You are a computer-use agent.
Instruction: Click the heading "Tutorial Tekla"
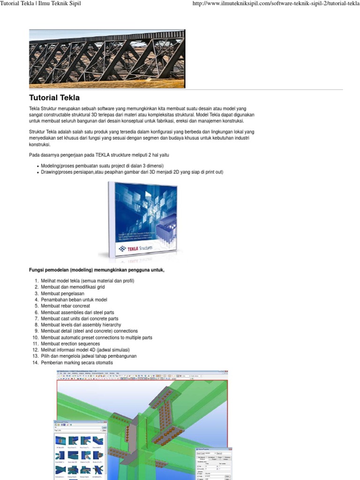(54, 97)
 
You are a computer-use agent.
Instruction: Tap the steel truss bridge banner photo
(107, 59)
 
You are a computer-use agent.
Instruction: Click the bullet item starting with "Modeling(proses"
(102, 166)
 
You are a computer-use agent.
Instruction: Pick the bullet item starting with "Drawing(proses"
(132, 172)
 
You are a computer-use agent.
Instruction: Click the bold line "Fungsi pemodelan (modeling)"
(97, 270)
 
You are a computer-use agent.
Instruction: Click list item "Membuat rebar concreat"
(65, 306)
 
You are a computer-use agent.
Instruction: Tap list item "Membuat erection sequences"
(70, 344)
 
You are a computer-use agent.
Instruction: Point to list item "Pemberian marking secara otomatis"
(77, 363)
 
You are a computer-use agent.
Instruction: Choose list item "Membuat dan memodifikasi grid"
(73, 287)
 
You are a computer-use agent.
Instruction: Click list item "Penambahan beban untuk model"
(74, 300)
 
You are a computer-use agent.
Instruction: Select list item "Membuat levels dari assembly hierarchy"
(81, 325)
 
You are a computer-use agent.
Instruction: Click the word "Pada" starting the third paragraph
(34, 155)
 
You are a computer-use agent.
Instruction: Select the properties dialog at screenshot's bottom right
(213, 463)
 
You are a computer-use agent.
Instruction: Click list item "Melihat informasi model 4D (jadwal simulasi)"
(85, 350)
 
